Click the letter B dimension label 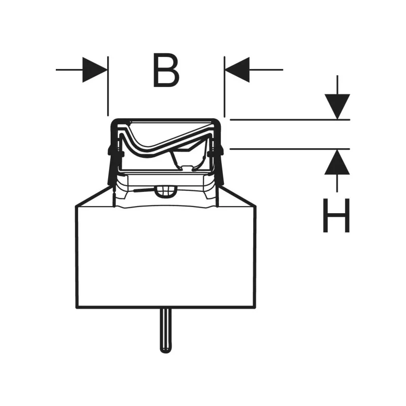166,70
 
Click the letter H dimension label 336,216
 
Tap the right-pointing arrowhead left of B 94,70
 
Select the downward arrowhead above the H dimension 337,107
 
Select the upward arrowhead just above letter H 337,162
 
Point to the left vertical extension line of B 108,86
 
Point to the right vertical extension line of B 224,87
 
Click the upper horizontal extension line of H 290,120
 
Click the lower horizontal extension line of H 290,149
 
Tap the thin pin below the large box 166,330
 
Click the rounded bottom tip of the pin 166,352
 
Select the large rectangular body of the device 166,257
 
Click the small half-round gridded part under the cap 166,192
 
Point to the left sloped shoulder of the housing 94,196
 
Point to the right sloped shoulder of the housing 237,196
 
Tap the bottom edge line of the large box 166,308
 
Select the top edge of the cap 166,120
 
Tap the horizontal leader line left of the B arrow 69,70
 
